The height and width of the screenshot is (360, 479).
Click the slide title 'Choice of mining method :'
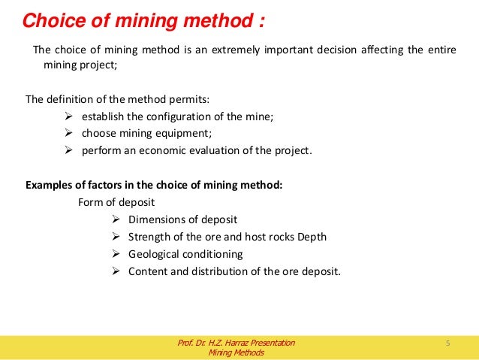[143, 20]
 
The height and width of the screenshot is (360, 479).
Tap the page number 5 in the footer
[447, 343]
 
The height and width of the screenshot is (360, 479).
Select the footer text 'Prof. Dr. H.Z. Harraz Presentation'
[236, 343]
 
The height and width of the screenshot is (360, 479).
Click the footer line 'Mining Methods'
[236, 353]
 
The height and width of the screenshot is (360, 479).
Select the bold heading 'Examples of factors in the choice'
[154, 186]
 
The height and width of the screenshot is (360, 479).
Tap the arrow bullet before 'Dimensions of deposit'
[116, 219]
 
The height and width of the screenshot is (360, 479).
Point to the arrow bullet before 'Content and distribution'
[116, 271]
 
